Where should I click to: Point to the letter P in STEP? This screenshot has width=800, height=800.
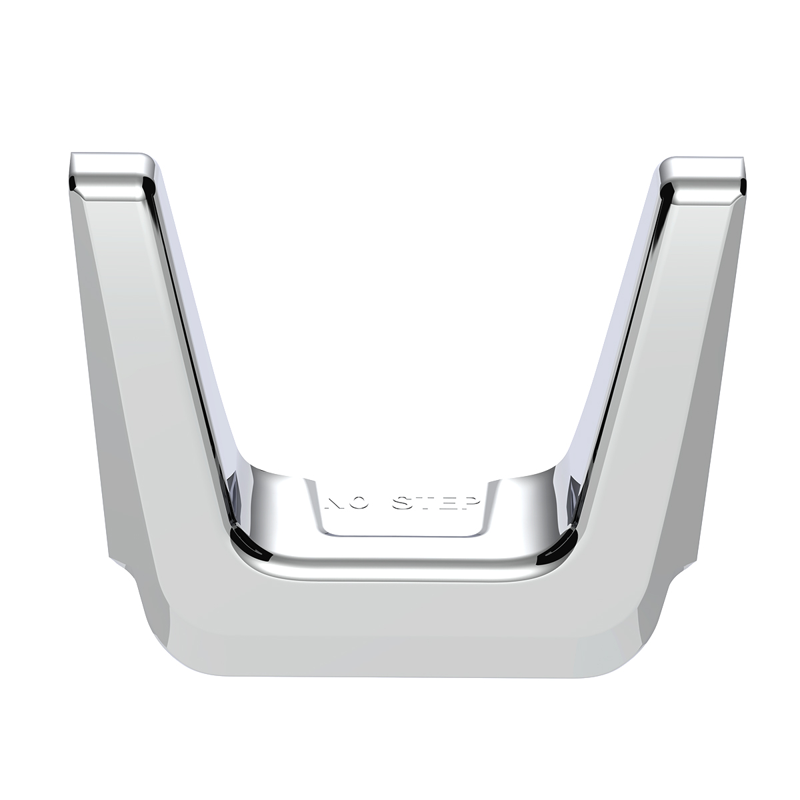tap(469, 505)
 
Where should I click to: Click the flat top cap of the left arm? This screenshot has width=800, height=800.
tap(110, 163)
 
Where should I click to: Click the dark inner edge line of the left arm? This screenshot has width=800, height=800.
tap(190, 333)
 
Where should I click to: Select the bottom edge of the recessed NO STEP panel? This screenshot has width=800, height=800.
tap(400, 535)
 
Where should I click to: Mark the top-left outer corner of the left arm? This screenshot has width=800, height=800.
tap(71, 157)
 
